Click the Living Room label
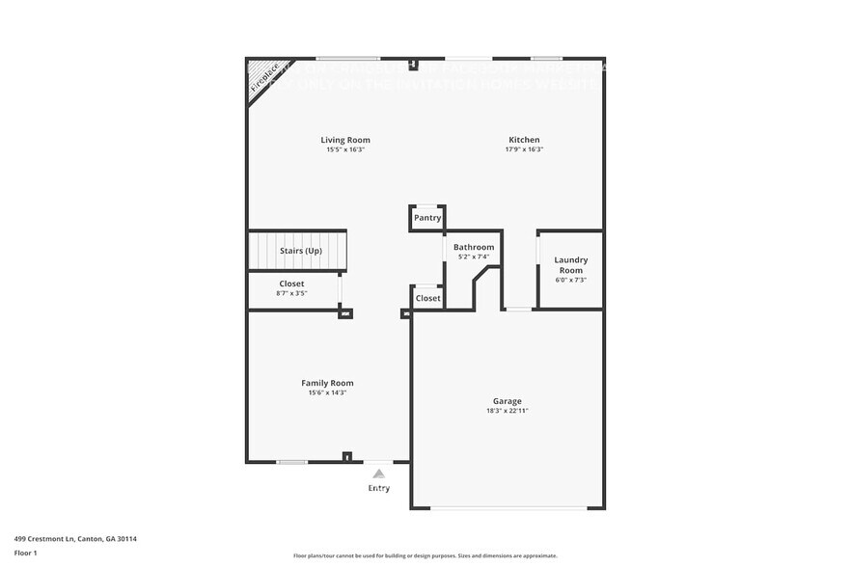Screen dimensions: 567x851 pyautogui.click(x=345, y=140)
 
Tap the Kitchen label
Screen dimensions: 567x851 pyautogui.click(x=524, y=140)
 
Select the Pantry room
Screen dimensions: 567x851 pyautogui.click(x=427, y=218)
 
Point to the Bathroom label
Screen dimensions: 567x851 pyautogui.click(x=474, y=248)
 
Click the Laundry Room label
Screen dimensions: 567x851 pyautogui.click(x=570, y=265)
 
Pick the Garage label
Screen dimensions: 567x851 pyautogui.click(x=508, y=401)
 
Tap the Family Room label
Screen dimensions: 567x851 pyautogui.click(x=327, y=383)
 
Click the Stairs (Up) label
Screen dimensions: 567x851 pyautogui.click(x=300, y=251)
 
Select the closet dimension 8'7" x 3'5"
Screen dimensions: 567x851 pyautogui.click(x=291, y=293)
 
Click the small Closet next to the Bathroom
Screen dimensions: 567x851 pyautogui.click(x=427, y=299)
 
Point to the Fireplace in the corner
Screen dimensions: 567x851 pyautogui.click(x=263, y=76)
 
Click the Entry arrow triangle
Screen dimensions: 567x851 pyautogui.click(x=379, y=473)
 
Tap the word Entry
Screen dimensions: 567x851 pyautogui.click(x=379, y=488)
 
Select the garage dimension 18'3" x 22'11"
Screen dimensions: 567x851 pyautogui.click(x=508, y=411)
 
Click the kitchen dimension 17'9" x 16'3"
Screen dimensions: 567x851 pyautogui.click(x=524, y=149)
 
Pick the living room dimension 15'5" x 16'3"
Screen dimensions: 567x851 pyautogui.click(x=345, y=149)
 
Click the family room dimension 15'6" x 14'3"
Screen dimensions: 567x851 pyautogui.click(x=327, y=392)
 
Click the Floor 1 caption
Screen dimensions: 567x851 pyautogui.click(x=26, y=553)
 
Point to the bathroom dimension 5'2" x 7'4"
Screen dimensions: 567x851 pyautogui.click(x=474, y=256)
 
